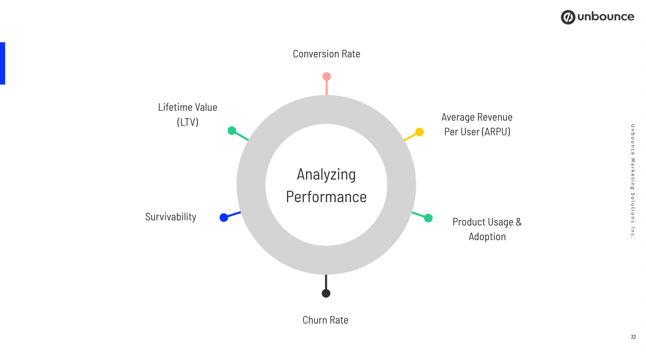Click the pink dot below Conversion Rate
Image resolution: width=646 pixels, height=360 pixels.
click(x=327, y=76)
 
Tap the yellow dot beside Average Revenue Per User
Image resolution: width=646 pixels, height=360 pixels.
click(x=419, y=132)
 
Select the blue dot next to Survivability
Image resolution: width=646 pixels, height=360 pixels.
click(x=224, y=218)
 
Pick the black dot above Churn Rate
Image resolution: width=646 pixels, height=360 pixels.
click(x=326, y=293)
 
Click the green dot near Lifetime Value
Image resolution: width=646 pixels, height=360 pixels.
click(x=232, y=131)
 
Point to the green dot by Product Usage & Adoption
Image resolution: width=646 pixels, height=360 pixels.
click(x=428, y=218)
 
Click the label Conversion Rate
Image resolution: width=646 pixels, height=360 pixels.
click(x=327, y=54)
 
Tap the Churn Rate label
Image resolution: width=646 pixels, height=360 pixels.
click(x=325, y=320)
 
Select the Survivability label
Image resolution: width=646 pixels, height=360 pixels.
click(x=171, y=217)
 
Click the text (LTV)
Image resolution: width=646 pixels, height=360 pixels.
click(x=188, y=122)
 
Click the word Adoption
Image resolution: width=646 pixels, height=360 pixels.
click(x=487, y=237)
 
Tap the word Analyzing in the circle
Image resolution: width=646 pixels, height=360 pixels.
click(x=326, y=174)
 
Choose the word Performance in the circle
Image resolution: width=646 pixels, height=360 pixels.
click(x=326, y=197)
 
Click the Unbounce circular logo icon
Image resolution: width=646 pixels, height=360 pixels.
click(x=568, y=17)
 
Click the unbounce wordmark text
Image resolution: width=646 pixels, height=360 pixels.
click(x=606, y=17)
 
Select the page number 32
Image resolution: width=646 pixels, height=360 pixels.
click(x=633, y=337)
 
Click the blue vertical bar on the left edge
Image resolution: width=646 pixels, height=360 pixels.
click(x=3, y=63)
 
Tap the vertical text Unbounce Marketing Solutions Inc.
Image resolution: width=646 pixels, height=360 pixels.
click(x=633, y=181)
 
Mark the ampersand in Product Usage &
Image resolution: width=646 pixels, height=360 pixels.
click(x=519, y=222)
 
